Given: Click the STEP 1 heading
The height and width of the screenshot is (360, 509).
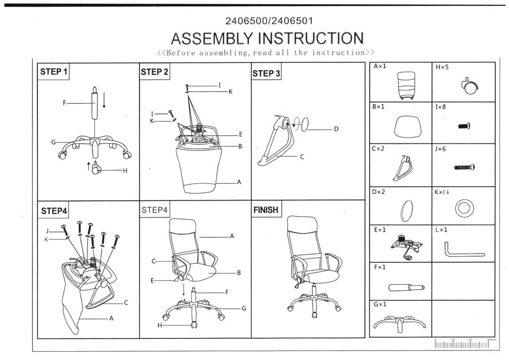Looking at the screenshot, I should (54, 72).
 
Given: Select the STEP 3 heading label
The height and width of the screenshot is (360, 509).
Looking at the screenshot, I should (266, 73).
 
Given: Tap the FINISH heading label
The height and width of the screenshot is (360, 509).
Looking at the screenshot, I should (266, 210).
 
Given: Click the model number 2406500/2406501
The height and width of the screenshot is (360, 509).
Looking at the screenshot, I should (270, 21).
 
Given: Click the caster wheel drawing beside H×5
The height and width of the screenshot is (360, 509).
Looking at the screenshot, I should (470, 86).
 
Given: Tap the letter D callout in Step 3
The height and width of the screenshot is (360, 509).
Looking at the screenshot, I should (336, 129).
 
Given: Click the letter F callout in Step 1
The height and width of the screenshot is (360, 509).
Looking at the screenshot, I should (64, 102).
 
